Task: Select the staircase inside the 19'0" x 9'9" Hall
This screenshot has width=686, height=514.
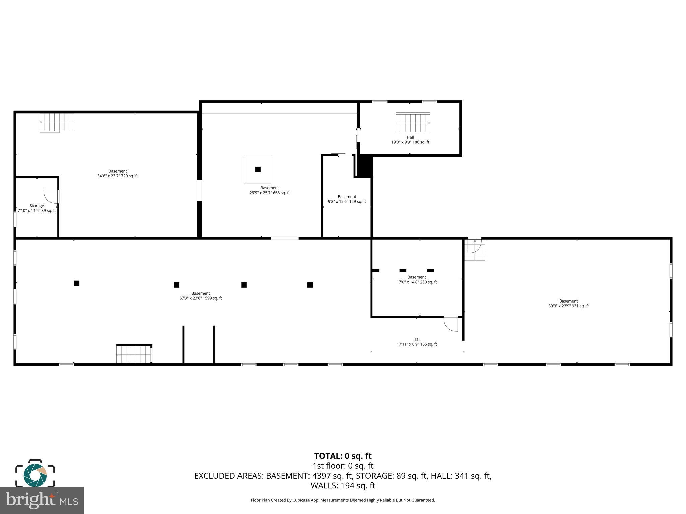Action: [413, 122]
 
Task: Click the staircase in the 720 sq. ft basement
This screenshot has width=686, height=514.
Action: [57, 122]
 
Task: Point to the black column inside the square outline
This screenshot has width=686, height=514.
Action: [258, 169]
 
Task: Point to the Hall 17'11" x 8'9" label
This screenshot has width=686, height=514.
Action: [416, 342]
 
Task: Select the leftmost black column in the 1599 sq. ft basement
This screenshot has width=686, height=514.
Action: [77, 283]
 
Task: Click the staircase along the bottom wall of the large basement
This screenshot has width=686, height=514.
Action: [134, 354]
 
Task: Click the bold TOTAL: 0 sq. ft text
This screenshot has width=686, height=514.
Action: [343, 456]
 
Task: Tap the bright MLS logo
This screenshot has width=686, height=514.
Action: [42, 500]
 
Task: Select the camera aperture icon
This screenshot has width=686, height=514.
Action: [35, 474]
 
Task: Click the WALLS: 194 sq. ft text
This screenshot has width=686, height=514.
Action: [343, 485]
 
